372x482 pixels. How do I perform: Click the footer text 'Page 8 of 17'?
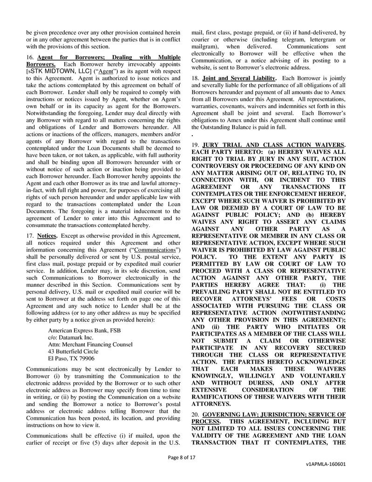click(182, 458)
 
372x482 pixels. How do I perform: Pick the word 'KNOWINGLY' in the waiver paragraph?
click(215, 375)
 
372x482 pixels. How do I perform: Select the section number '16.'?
click(31, 57)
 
